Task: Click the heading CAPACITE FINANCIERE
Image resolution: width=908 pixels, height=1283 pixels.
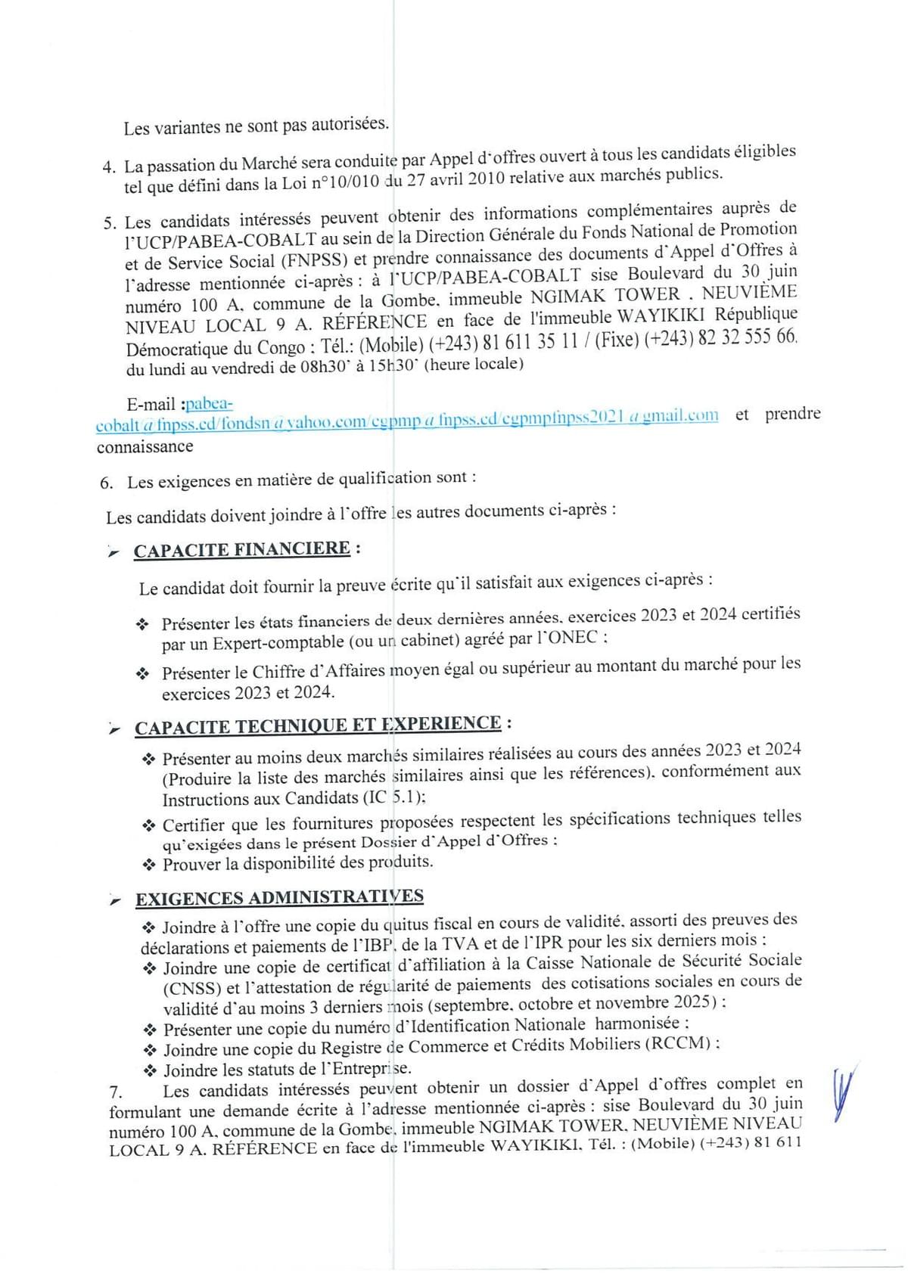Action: pyautogui.click(x=241, y=549)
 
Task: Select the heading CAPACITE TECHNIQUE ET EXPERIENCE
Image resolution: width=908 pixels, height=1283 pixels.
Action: pyautogui.click(x=318, y=725)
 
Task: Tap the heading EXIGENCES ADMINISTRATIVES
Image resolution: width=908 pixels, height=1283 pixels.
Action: pyautogui.click(x=279, y=898)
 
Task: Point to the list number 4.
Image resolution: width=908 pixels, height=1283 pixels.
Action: pyautogui.click(x=109, y=166)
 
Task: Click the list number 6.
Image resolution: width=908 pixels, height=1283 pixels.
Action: pyautogui.click(x=106, y=483)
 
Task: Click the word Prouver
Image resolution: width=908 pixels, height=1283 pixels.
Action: pyautogui.click(x=191, y=864)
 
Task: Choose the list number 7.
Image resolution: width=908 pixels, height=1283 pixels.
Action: pyautogui.click(x=115, y=1092)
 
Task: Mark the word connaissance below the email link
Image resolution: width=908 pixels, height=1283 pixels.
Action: pyautogui.click(x=145, y=446)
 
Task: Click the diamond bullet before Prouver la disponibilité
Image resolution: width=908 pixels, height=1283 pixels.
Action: pyautogui.click(x=149, y=864)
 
